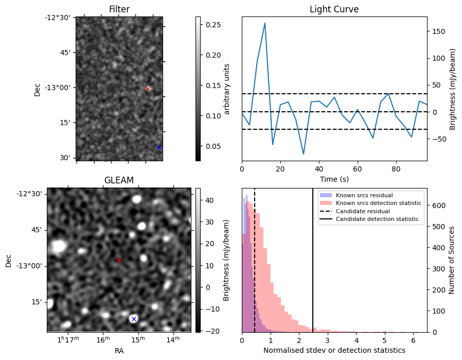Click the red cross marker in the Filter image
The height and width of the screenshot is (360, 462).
click(x=148, y=89)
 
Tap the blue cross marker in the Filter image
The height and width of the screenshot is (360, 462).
click(x=159, y=147)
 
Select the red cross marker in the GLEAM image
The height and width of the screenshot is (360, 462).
click(x=119, y=261)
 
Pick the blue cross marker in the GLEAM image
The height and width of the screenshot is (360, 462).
click(x=134, y=319)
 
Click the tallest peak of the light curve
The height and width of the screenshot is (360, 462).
click(x=265, y=23)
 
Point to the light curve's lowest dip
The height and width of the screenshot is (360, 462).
click(x=304, y=154)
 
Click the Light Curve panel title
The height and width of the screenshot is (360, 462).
click(x=334, y=9)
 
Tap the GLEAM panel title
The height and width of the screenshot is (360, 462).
click(x=119, y=180)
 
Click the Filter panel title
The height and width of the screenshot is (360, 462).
click(x=119, y=9)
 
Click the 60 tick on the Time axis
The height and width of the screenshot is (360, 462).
click(x=358, y=169)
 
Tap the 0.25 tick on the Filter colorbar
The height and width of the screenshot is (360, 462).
click(x=213, y=25)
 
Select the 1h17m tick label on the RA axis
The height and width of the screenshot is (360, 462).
click(x=68, y=339)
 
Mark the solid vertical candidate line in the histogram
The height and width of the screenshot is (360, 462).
click(x=313, y=261)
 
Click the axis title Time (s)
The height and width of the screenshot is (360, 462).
click(x=334, y=179)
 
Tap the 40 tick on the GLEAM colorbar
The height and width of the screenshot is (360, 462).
click(x=209, y=200)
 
